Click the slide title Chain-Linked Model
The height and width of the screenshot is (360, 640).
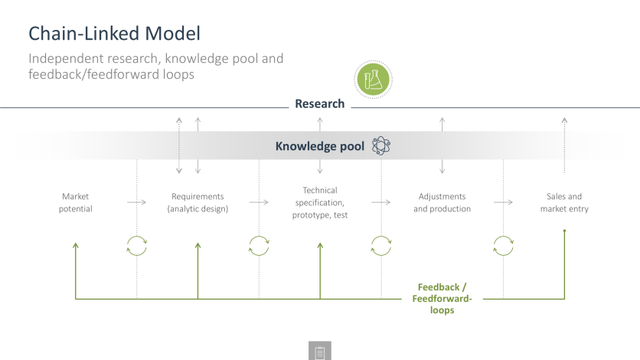point(114,34)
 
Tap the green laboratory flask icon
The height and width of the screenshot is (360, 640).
point(373,80)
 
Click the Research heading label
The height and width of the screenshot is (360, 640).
point(319,103)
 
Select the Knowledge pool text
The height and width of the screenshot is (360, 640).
point(319,146)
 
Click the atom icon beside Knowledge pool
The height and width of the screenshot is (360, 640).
point(380,146)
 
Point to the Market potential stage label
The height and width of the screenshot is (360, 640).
point(76,202)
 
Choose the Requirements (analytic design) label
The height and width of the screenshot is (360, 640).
point(198,202)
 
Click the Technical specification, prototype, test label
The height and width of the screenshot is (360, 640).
point(320,202)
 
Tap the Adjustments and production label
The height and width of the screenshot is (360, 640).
point(442,202)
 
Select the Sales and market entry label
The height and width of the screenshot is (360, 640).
point(564,202)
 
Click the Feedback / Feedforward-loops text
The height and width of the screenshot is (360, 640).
point(442,299)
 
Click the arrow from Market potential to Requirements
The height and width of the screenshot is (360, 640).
point(136,202)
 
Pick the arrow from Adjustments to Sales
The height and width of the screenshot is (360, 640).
point(503,202)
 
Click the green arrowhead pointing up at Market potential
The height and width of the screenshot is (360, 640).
point(76,245)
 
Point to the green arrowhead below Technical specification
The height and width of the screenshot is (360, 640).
point(320,245)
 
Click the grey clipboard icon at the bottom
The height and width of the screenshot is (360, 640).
point(320,351)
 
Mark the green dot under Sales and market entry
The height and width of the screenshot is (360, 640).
point(564,231)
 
